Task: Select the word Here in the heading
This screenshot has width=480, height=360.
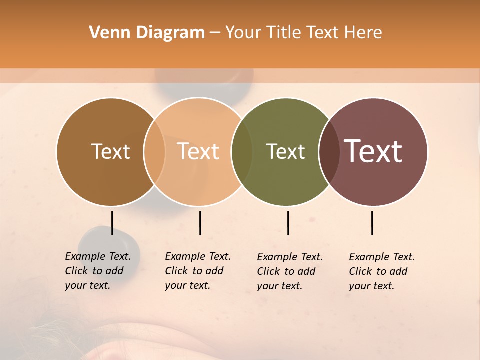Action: point(363,33)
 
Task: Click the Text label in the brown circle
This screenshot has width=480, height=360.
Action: point(110,151)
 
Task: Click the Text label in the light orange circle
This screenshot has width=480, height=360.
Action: point(198,151)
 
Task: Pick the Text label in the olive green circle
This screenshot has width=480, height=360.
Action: point(285,151)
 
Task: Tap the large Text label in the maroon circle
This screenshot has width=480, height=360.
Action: point(373,151)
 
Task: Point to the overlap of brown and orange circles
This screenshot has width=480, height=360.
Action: point(154,152)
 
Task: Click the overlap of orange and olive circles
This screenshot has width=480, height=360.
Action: point(242,152)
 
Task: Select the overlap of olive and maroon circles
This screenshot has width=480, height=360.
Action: point(329,152)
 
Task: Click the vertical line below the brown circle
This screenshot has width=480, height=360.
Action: point(112,223)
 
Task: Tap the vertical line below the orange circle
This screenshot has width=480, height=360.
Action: point(200,223)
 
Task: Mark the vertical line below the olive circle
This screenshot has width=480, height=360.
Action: point(288,223)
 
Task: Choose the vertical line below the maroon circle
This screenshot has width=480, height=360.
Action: point(372,223)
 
